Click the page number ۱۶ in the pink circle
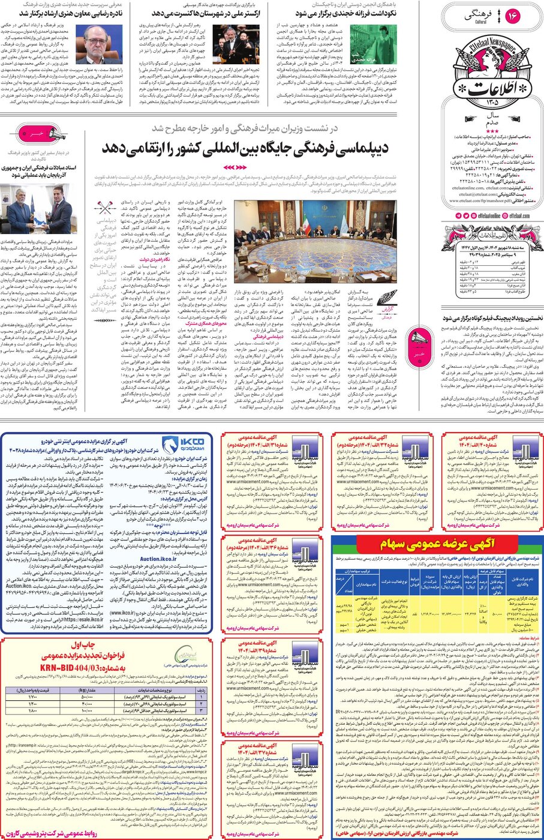pyautogui.click(x=513, y=16)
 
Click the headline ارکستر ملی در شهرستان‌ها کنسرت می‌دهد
pyautogui.click(x=199, y=13)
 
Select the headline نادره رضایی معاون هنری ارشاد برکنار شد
pyautogui.click(x=71, y=13)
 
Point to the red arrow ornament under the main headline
pyautogui.click(x=235, y=167)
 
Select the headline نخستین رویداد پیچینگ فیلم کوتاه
pyautogui.click(x=492, y=318)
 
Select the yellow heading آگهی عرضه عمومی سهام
pyautogui.click(x=436, y=545)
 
